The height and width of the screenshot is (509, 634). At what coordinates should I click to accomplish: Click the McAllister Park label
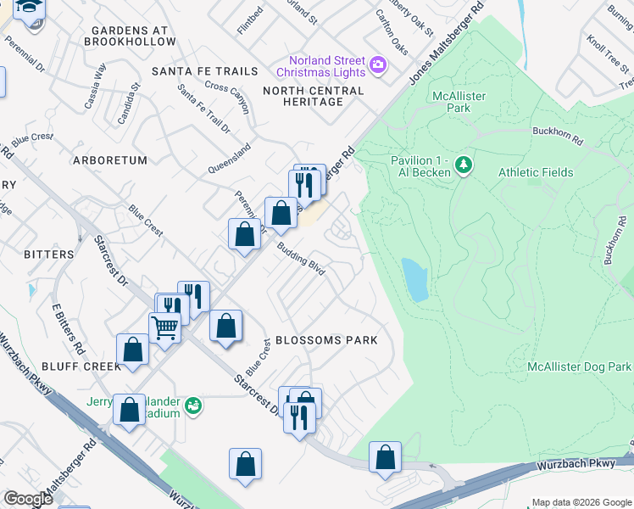(x=459, y=102)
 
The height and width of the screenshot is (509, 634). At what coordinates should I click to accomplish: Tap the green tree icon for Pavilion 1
(x=464, y=163)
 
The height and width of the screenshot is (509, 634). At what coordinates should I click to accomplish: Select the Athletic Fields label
(x=535, y=172)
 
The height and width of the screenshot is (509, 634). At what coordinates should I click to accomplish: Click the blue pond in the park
(x=415, y=280)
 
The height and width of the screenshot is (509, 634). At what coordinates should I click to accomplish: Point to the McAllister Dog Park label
(x=579, y=366)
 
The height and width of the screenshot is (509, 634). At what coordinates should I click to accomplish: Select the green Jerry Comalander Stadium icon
(x=193, y=406)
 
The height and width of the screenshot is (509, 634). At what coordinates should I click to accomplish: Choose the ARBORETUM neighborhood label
(x=110, y=159)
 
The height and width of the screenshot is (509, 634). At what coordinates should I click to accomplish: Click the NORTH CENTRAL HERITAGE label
(x=314, y=96)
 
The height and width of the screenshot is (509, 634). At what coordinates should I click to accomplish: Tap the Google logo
(x=28, y=499)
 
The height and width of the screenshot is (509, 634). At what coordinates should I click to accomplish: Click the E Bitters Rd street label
(x=68, y=331)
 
